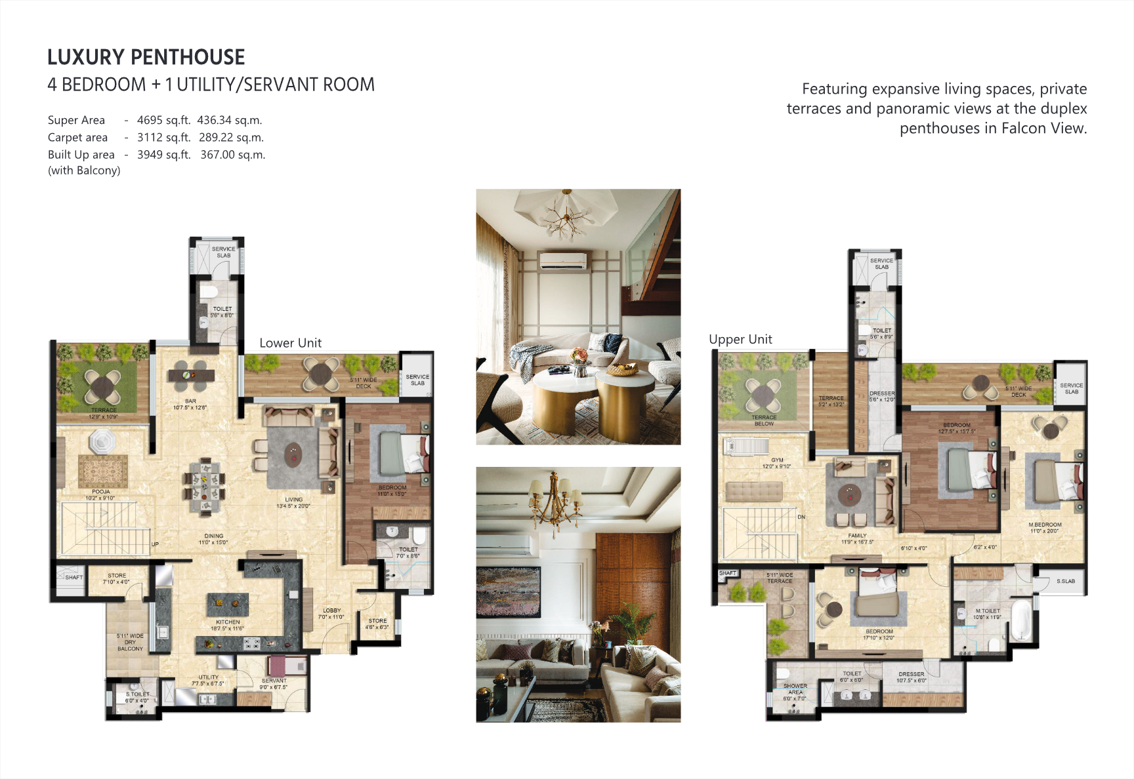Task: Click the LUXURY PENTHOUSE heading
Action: (146, 58)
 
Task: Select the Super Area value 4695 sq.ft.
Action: (163, 120)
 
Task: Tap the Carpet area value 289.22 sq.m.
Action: (231, 138)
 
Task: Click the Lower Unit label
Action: (290, 343)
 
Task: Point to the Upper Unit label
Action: (740, 339)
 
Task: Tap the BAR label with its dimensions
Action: (190, 404)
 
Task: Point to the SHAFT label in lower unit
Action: (73, 578)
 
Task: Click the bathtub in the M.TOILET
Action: (1021, 621)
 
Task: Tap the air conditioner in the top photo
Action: (562, 260)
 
